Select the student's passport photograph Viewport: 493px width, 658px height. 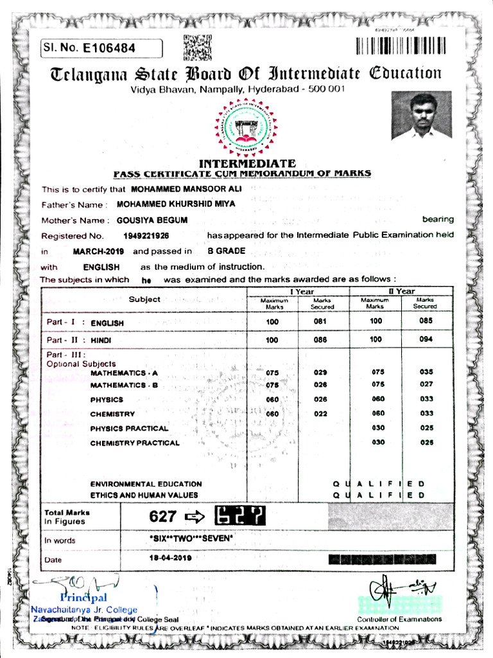click(x=421, y=115)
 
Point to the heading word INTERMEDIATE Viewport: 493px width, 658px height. click(x=247, y=164)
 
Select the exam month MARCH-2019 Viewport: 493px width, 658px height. click(x=98, y=251)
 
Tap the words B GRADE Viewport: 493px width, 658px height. click(x=221, y=251)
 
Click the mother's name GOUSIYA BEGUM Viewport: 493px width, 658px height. click(x=152, y=220)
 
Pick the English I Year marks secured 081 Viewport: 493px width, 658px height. click(x=321, y=321)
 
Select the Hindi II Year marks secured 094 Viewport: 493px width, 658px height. click(x=426, y=339)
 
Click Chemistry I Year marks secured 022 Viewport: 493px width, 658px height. click(x=321, y=414)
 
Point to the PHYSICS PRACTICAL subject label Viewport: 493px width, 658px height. click(x=129, y=429)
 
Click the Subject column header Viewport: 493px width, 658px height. click(x=144, y=299)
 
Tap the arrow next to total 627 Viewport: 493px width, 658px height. click(x=194, y=516)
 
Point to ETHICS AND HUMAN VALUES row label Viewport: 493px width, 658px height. click(x=144, y=495)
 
